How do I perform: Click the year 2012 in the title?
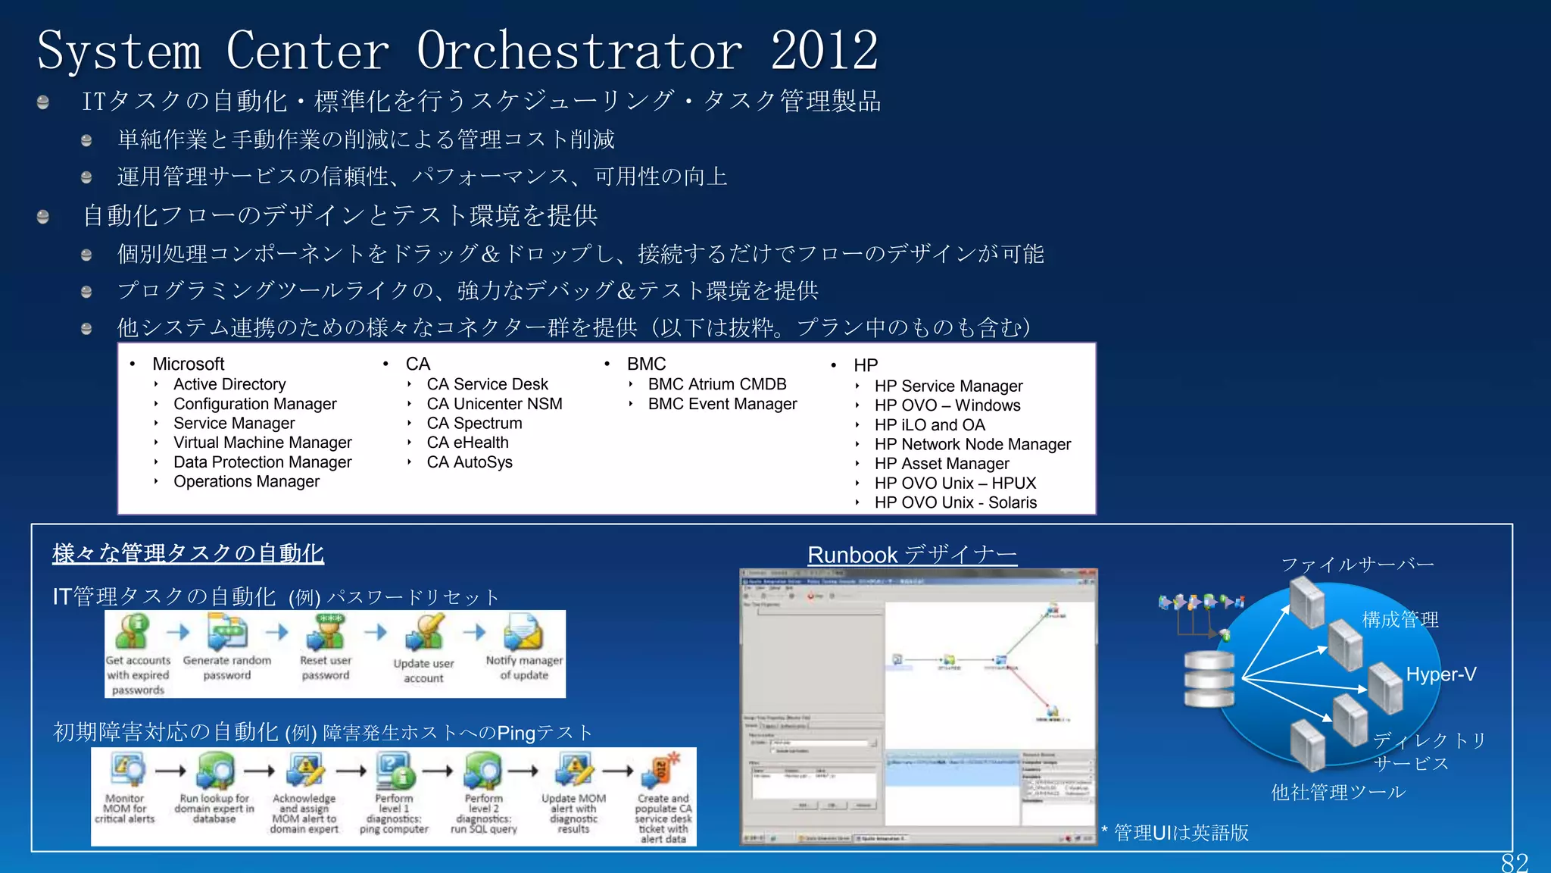(824, 50)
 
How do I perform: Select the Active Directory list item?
(229, 384)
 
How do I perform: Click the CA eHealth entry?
(467, 443)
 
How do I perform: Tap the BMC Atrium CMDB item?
(716, 384)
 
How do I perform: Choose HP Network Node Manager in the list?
(972, 445)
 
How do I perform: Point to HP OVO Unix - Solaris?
(955, 502)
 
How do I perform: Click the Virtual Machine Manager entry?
(262, 443)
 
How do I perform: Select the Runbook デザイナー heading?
(912, 555)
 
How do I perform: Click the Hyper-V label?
(1440, 674)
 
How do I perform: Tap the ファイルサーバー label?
(1357, 565)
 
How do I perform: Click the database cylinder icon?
(1209, 678)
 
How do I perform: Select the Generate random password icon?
(227, 633)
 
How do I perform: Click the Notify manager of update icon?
(523, 633)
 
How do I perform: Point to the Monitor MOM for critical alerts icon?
(126, 771)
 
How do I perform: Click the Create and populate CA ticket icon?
(662, 771)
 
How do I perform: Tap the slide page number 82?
(1514, 862)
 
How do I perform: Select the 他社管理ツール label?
(1337, 793)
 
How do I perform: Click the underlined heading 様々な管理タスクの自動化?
(188, 553)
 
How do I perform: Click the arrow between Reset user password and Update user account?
(376, 632)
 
